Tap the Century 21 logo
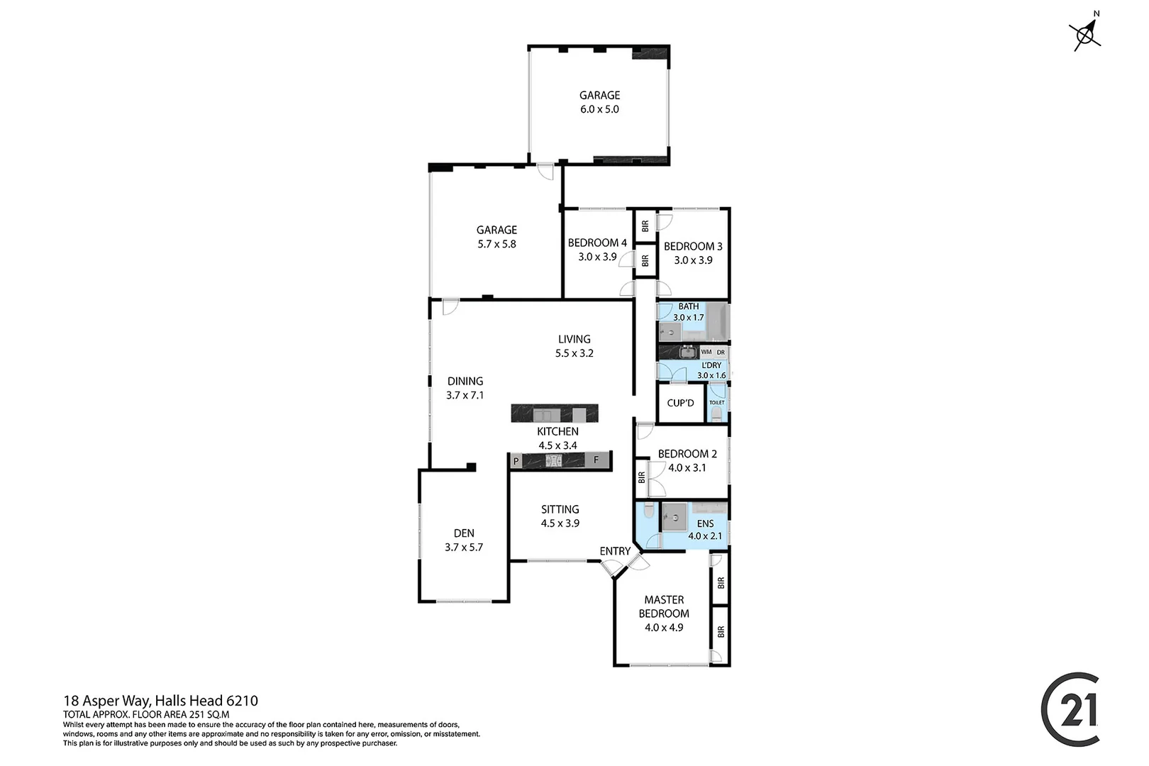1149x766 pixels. tap(1071, 709)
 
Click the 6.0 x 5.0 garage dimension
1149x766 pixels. tap(599, 109)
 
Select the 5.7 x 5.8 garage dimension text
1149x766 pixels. tap(496, 244)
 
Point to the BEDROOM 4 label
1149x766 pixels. tap(597, 243)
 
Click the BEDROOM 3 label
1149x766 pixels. tap(693, 246)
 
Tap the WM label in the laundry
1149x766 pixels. tap(706, 352)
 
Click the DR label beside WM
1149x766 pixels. tap(721, 352)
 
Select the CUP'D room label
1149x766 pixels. tap(680, 403)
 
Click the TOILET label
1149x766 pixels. tap(716, 402)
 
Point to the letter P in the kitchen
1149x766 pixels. tap(516, 461)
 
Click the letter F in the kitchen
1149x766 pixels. tap(596, 460)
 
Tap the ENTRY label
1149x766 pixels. tap(615, 551)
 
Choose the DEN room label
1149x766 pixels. tap(464, 533)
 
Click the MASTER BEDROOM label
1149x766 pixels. tap(664, 606)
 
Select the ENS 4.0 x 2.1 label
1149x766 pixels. tap(705, 530)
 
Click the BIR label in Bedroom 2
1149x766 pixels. tap(642, 477)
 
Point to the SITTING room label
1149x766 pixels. tap(560, 509)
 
